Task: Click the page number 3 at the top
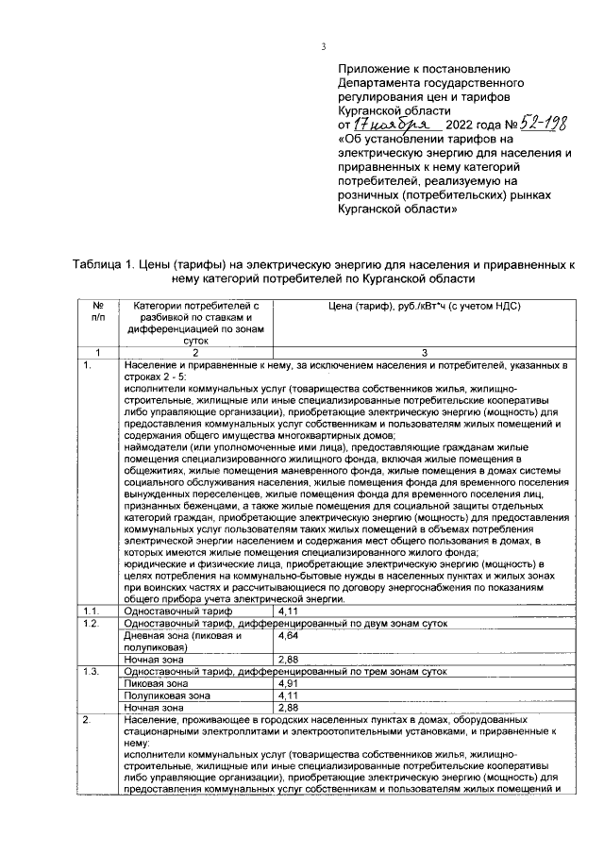324,48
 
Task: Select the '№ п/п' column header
97,312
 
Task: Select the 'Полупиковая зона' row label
168,694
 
